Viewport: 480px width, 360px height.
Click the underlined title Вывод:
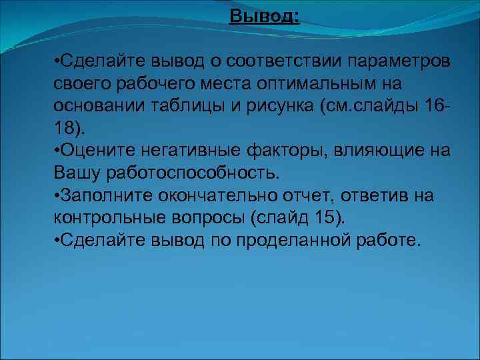point(264,15)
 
